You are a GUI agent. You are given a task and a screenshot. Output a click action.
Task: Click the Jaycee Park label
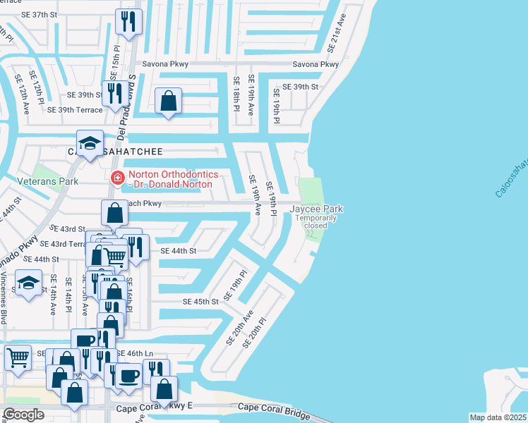[316, 209]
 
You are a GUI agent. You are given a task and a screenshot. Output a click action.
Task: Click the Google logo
[23, 414]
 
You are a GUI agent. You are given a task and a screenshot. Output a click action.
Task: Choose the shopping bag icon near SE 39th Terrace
[169, 102]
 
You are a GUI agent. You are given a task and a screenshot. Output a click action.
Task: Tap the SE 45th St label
[201, 301]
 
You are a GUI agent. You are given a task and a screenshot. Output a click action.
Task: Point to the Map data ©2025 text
[497, 417]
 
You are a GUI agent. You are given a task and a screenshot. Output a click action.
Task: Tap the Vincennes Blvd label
[4, 299]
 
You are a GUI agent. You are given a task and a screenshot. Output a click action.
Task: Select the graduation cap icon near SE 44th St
[28, 284]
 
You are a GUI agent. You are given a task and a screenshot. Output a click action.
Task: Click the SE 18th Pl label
[237, 92]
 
